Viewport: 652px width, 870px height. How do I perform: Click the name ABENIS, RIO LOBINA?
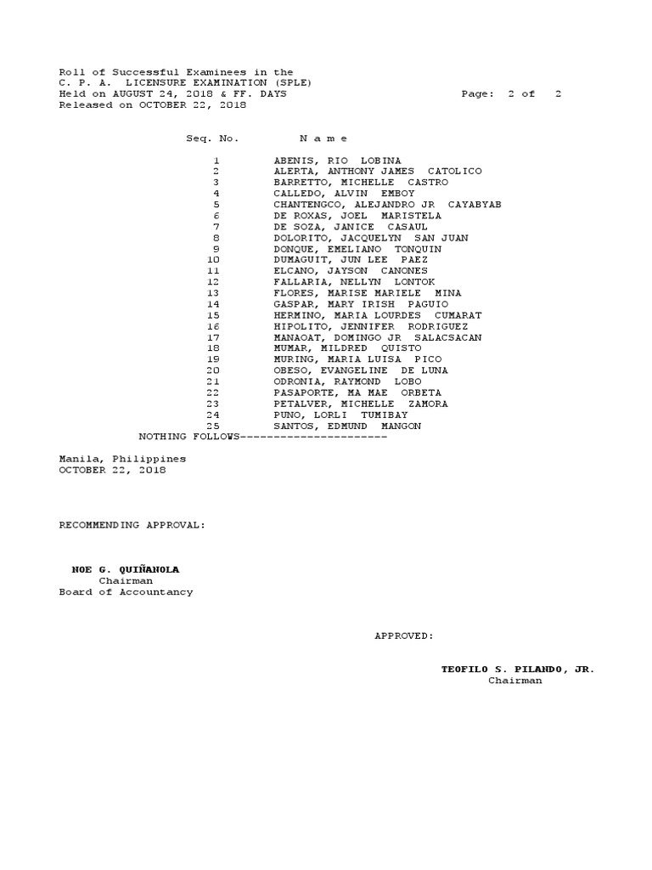click(337, 161)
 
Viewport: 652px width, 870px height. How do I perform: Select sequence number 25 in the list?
click(213, 426)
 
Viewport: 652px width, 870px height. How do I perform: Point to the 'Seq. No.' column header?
click(212, 138)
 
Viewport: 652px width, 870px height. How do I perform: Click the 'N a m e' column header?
click(323, 138)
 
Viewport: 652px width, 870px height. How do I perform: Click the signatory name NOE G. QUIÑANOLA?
click(126, 569)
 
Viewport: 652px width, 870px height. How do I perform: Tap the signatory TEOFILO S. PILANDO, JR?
click(518, 669)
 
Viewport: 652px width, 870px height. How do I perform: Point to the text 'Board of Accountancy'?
click(126, 592)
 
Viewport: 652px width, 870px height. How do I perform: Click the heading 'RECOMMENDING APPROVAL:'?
click(132, 525)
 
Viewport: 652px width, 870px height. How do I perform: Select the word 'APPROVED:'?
click(404, 636)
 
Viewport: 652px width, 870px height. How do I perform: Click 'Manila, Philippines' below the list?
click(122, 459)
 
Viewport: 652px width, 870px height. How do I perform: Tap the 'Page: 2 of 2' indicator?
click(511, 94)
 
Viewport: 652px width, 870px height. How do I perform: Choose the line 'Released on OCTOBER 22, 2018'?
click(152, 105)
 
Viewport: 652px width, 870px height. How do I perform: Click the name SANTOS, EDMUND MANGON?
click(346, 426)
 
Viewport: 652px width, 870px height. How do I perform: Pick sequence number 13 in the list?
click(213, 293)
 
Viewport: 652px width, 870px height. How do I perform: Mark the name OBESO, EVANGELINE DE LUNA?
click(360, 370)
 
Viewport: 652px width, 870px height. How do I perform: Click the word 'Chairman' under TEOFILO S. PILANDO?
click(514, 681)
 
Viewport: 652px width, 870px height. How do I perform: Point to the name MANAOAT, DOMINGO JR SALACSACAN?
click(377, 337)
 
